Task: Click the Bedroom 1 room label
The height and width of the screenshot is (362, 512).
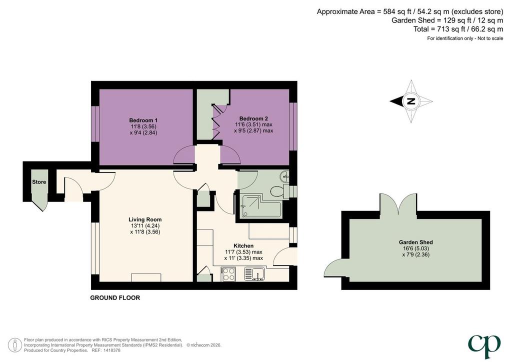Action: point(143,120)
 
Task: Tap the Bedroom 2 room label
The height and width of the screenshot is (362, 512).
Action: point(253,118)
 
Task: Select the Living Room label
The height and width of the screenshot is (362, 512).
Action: point(145,219)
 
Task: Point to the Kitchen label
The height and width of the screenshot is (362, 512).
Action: point(243,246)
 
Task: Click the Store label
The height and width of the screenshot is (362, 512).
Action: point(39,182)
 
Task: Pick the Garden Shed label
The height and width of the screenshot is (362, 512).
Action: point(415,242)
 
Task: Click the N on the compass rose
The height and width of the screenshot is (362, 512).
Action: point(411,101)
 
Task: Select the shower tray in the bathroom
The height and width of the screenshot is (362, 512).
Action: point(260,206)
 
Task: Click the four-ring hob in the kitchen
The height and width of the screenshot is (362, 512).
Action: point(228,274)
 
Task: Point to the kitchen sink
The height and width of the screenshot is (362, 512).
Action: point(254,274)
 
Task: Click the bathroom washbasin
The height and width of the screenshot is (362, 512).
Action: point(284,176)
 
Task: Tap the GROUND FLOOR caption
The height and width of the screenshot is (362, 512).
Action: point(115,297)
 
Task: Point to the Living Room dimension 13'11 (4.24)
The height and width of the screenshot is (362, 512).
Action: point(145,226)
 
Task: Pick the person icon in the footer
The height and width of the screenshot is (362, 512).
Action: point(15,345)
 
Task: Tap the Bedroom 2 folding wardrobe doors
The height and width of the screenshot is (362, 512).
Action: point(216,121)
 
